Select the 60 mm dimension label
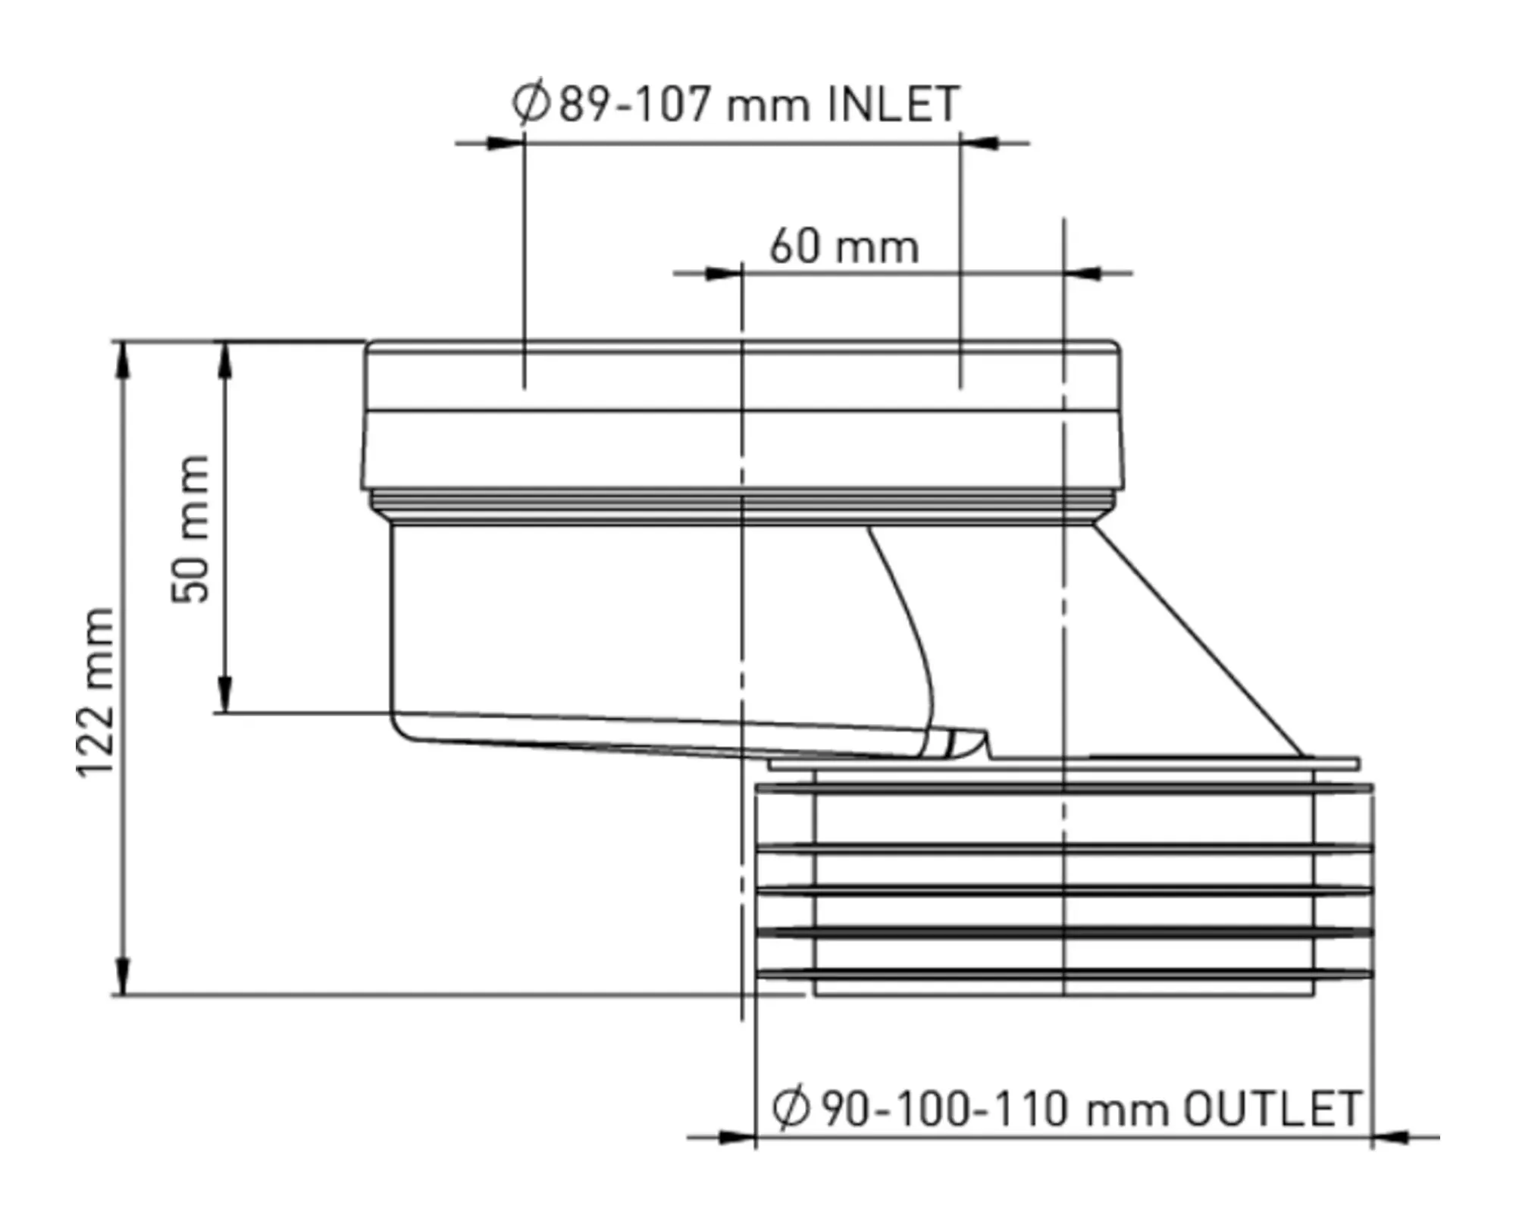(844, 246)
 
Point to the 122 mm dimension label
(96, 691)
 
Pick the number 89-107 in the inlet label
(635, 104)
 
